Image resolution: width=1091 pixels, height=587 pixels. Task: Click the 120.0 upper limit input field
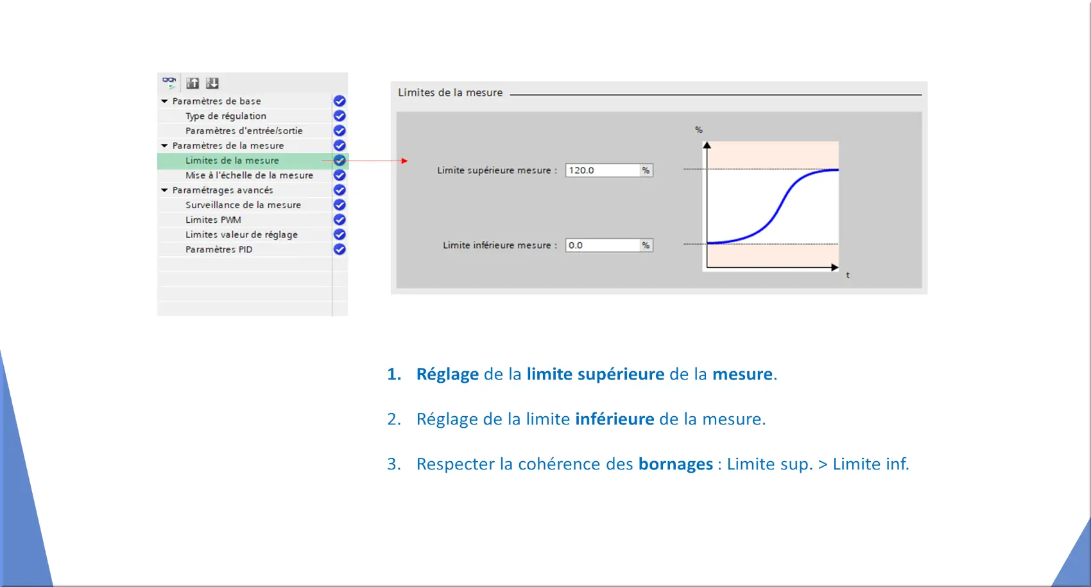click(x=603, y=170)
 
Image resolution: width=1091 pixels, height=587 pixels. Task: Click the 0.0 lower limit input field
click(x=603, y=245)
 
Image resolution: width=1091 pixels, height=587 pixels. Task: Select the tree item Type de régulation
click(x=225, y=116)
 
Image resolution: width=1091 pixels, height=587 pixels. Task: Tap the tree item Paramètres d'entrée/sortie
click(x=243, y=130)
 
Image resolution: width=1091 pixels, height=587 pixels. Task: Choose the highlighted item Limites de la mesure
click(x=232, y=161)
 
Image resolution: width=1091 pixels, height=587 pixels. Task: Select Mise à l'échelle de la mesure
click(x=249, y=175)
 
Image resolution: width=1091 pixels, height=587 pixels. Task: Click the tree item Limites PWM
click(x=213, y=220)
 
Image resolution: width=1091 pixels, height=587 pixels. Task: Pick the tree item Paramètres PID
click(x=219, y=250)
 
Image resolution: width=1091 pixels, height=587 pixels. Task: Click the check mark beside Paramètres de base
click(x=339, y=101)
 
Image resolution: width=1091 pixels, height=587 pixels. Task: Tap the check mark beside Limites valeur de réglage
click(x=339, y=234)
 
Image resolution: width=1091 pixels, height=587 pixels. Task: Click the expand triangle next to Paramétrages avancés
click(x=165, y=190)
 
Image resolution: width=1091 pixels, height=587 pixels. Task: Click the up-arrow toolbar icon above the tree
click(x=193, y=83)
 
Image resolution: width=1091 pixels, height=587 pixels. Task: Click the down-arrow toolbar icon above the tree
click(x=212, y=83)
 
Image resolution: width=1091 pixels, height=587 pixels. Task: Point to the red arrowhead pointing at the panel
click(x=405, y=161)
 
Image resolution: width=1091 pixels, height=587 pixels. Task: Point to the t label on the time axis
click(x=848, y=276)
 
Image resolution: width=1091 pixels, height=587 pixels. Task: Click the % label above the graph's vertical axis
click(x=698, y=130)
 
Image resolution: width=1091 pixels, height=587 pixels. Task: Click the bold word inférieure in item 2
click(x=615, y=419)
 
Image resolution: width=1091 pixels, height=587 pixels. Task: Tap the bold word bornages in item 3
click(x=676, y=464)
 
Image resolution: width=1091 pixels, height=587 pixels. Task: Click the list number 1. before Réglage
click(x=394, y=374)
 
